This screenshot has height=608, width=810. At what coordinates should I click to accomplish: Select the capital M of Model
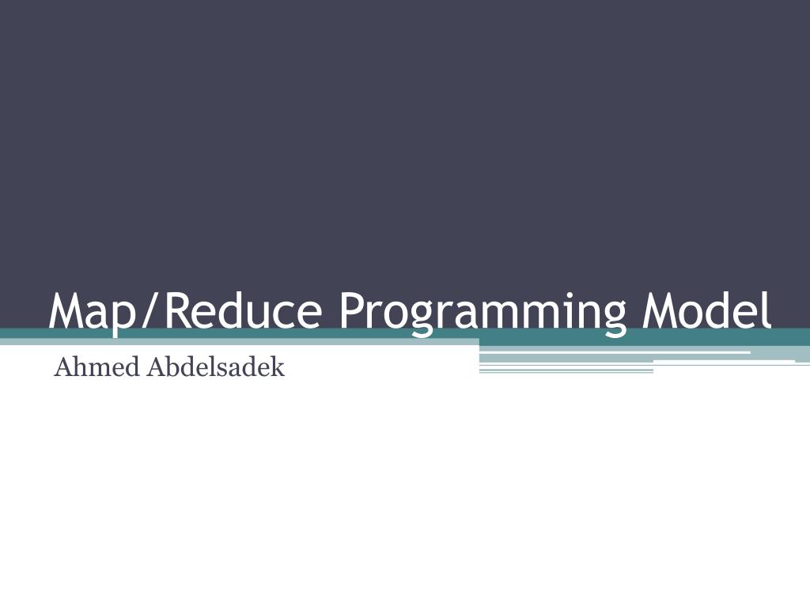coord(660,311)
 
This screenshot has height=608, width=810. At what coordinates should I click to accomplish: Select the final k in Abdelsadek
coord(278,368)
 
